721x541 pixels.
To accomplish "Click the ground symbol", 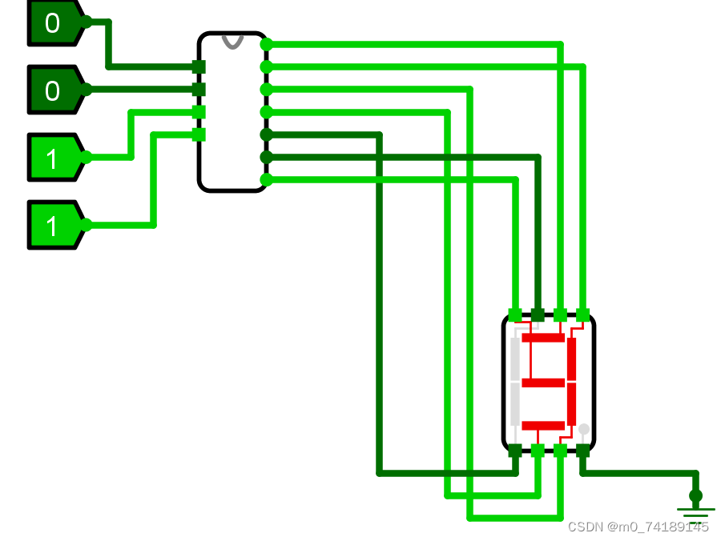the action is click(695, 512).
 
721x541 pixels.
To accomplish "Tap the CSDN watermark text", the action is click(638, 527).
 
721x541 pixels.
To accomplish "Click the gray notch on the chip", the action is click(232, 41).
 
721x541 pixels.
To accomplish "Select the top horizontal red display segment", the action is click(543, 338).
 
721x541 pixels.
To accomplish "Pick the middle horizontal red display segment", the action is click(543, 383).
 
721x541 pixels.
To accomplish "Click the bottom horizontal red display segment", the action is click(543, 426).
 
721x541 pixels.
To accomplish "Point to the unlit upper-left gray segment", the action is click(515, 359).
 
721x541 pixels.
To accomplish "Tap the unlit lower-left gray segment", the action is click(515, 404).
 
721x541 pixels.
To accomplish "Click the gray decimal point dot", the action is click(584, 429).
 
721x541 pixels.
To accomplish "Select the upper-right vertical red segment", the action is click(571, 359).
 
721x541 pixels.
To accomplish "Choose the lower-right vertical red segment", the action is click(571, 404).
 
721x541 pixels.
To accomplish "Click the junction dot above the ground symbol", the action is click(695, 495).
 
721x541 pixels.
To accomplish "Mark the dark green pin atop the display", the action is click(538, 315).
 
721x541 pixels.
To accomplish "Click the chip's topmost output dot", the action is click(267, 45).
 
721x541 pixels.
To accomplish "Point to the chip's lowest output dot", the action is click(267, 179).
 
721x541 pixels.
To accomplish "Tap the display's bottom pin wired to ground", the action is click(582, 451).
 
